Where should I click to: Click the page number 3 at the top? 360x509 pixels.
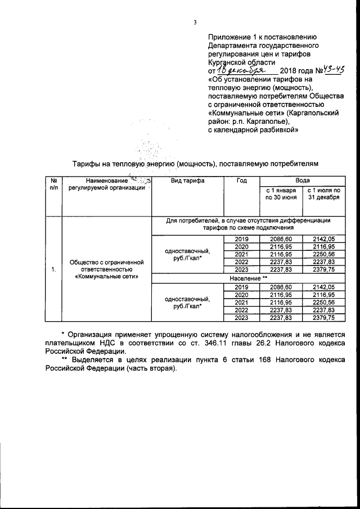[x=195, y=23]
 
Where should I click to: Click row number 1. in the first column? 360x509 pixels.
[x=53, y=269]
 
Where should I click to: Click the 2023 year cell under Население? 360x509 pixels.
[x=241, y=318]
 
